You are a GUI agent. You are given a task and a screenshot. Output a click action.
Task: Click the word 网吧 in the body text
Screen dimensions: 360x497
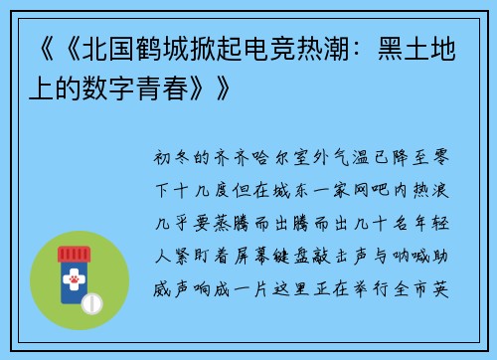point(353,185)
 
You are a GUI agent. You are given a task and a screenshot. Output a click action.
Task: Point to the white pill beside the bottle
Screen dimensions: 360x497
point(96,301)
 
